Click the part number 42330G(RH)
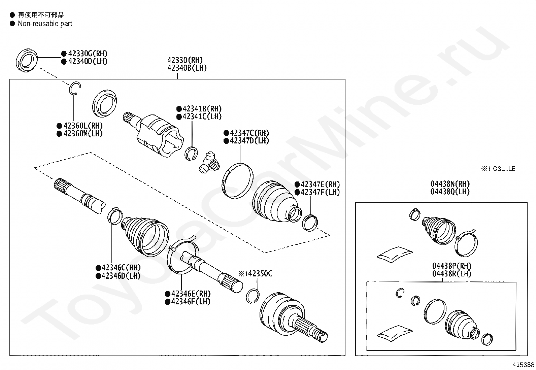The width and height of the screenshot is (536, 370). coord(88,54)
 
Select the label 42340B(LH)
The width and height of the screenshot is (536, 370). coord(187,68)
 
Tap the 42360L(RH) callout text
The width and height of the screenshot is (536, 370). coord(83,126)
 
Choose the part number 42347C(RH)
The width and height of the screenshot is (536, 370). coord(249,133)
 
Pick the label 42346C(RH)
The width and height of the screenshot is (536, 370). coord(121,268)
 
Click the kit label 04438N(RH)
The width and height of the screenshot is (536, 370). coord(450,184)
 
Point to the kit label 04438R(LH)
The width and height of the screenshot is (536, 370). coord(451,274)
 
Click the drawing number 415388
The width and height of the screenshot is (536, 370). coord(523,365)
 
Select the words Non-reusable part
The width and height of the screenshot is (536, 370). coord(45,24)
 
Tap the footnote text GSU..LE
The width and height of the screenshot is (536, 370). coord(504,169)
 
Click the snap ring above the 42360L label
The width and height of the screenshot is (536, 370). coord(75,89)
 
